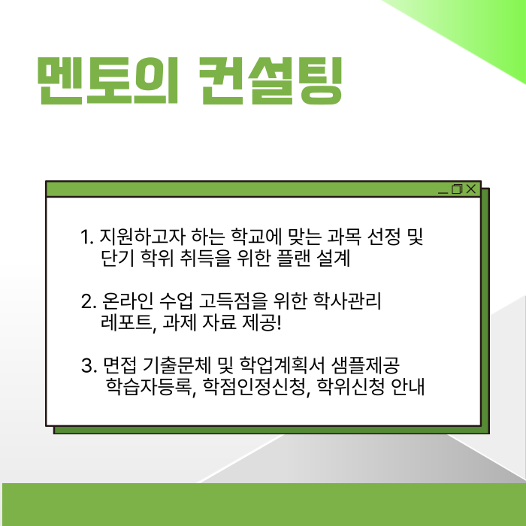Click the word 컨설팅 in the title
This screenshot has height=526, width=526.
point(269,79)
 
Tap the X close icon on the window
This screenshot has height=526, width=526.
point(471,189)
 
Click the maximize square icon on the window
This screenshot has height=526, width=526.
point(457,189)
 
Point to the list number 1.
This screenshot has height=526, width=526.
point(85,238)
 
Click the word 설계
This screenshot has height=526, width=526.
point(335,259)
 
